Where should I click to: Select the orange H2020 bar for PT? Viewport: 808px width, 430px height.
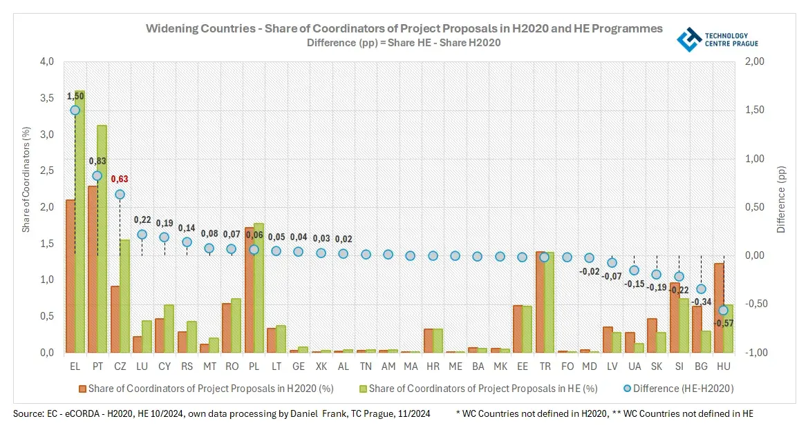(x=93, y=269)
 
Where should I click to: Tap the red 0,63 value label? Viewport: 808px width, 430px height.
(x=120, y=179)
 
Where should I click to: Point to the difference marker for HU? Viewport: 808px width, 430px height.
(x=723, y=311)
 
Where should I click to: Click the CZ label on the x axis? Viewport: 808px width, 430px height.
(x=120, y=364)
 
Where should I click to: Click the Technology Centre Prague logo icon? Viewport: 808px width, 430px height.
(x=688, y=39)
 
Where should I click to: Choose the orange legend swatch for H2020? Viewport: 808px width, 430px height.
(x=82, y=389)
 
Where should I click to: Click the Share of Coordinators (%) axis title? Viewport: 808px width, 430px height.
(x=26, y=178)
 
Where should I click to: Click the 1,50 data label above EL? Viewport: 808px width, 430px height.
(x=75, y=95)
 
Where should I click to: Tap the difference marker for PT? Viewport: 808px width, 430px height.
(x=97, y=175)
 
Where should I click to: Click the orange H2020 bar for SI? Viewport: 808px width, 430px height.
(x=674, y=317)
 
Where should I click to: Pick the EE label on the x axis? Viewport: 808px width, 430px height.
(x=522, y=364)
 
